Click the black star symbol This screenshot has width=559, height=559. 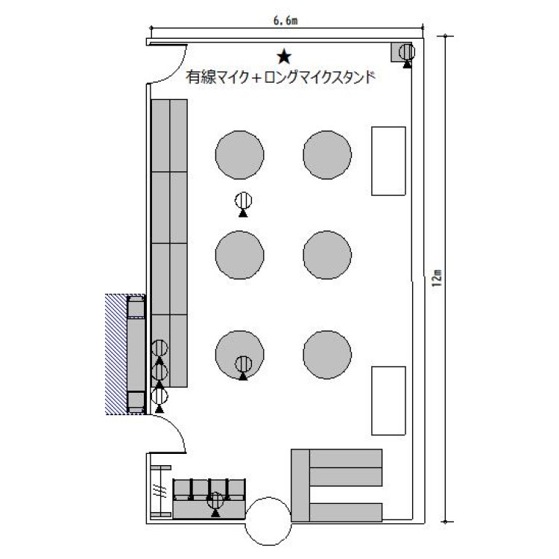284,57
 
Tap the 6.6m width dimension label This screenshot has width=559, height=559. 285,21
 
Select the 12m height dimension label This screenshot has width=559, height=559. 438,277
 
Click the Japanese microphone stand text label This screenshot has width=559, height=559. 280,77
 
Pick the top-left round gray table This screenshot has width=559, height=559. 239,155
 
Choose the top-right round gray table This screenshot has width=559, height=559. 327,155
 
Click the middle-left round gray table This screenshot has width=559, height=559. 239,255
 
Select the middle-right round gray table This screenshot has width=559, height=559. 327,255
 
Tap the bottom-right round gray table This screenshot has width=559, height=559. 327,354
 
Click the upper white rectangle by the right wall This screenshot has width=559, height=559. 388,161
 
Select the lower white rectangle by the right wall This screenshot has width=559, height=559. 388,401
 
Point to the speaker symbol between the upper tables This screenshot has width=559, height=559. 243,204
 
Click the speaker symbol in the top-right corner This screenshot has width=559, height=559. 407,55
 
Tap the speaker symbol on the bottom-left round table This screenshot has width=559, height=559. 243,367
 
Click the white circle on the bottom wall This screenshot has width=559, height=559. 268,521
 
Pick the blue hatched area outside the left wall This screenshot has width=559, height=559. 116,354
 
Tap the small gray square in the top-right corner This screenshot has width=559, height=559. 401,52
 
